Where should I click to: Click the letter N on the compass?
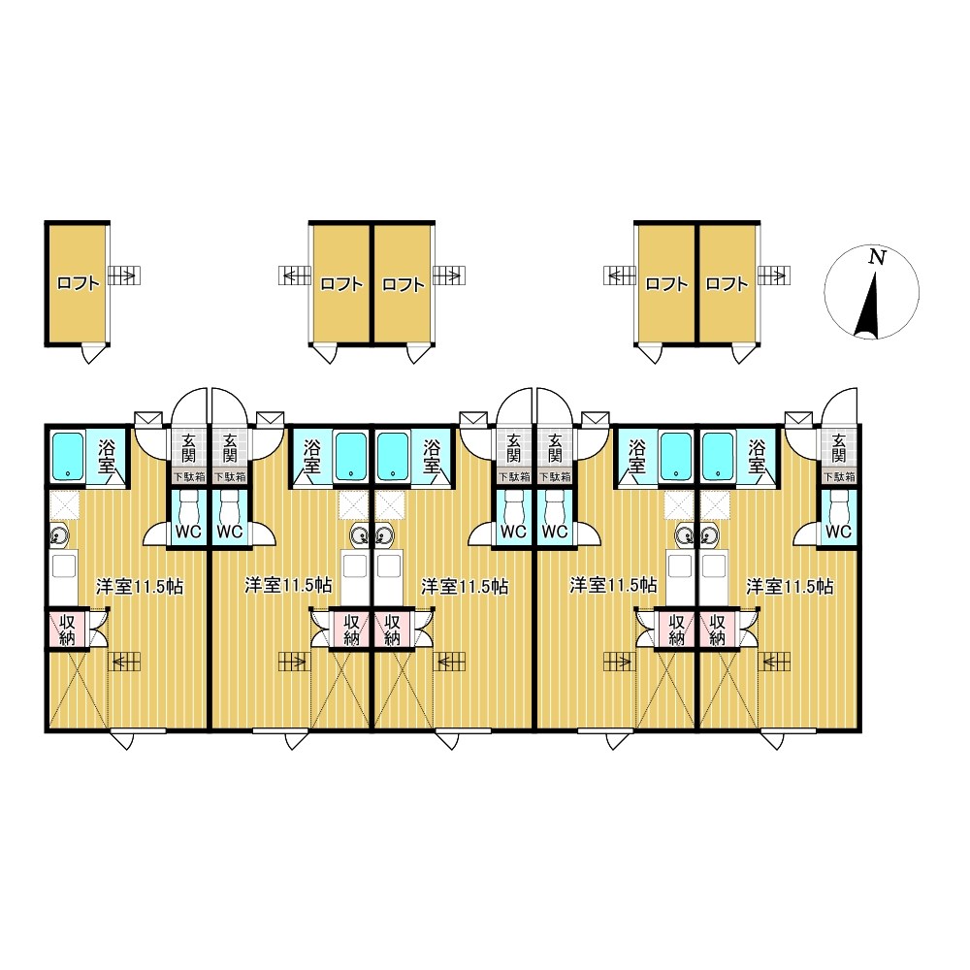[877, 257]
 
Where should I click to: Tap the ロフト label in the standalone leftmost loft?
[78, 284]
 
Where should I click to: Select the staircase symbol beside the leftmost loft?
[124, 275]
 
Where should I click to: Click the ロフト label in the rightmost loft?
[727, 284]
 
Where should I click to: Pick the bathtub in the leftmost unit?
[68, 456]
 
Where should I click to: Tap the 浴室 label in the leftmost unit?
[107, 456]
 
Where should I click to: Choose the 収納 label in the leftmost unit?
[67, 630]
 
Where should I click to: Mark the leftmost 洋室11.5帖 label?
[140, 587]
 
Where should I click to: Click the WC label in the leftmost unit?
[188, 532]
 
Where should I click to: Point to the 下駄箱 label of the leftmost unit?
[188, 477]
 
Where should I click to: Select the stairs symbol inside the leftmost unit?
[125, 662]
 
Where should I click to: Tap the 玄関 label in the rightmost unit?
[839, 448]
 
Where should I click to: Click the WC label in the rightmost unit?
[838, 532]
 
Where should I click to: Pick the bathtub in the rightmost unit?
[718, 456]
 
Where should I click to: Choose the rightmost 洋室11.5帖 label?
[790, 587]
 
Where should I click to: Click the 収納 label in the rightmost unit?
[718, 630]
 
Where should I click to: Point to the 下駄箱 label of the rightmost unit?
[839, 477]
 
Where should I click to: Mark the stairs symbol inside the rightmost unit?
[776, 662]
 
